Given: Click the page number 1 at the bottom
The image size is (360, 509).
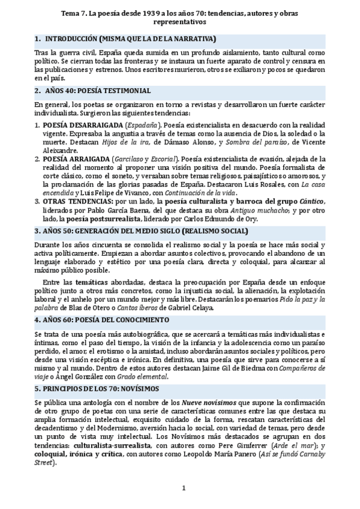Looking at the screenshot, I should click(x=184, y=487).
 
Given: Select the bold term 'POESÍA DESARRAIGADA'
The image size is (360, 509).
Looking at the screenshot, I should click(x=81, y=124).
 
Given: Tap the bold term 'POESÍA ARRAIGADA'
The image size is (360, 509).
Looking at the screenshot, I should click(x=76, y=157).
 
